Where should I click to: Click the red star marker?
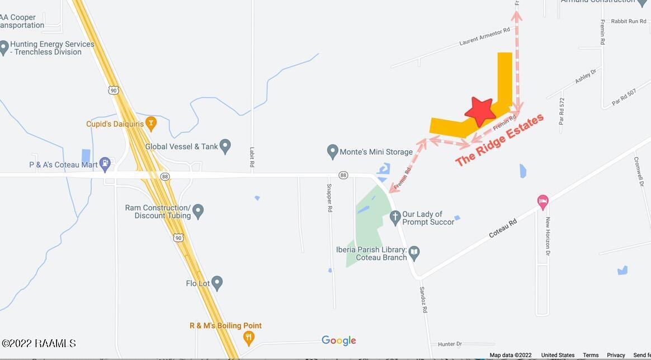(480, 111)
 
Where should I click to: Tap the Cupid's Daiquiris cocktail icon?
(150, 123)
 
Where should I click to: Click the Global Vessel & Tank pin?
(225, 146)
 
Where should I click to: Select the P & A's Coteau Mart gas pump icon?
(104, 164)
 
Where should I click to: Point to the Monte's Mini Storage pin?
(333, 151)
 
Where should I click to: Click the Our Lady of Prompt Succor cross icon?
(395, 217)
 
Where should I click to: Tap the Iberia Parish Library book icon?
(414, 253)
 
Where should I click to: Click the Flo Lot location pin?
(218, 283)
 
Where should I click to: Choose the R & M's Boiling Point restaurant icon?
(249, 337)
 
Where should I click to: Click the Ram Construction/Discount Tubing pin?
(198, 212)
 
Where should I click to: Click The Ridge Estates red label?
(499, 140)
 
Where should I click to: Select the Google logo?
(338, 340)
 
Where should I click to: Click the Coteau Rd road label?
(503, 228)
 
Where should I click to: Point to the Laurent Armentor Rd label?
(484, 37)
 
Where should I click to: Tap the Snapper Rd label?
(329, 197)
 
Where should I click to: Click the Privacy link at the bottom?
(616, 355)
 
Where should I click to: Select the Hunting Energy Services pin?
(4, 48)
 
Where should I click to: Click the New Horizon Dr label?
(548, 235)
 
